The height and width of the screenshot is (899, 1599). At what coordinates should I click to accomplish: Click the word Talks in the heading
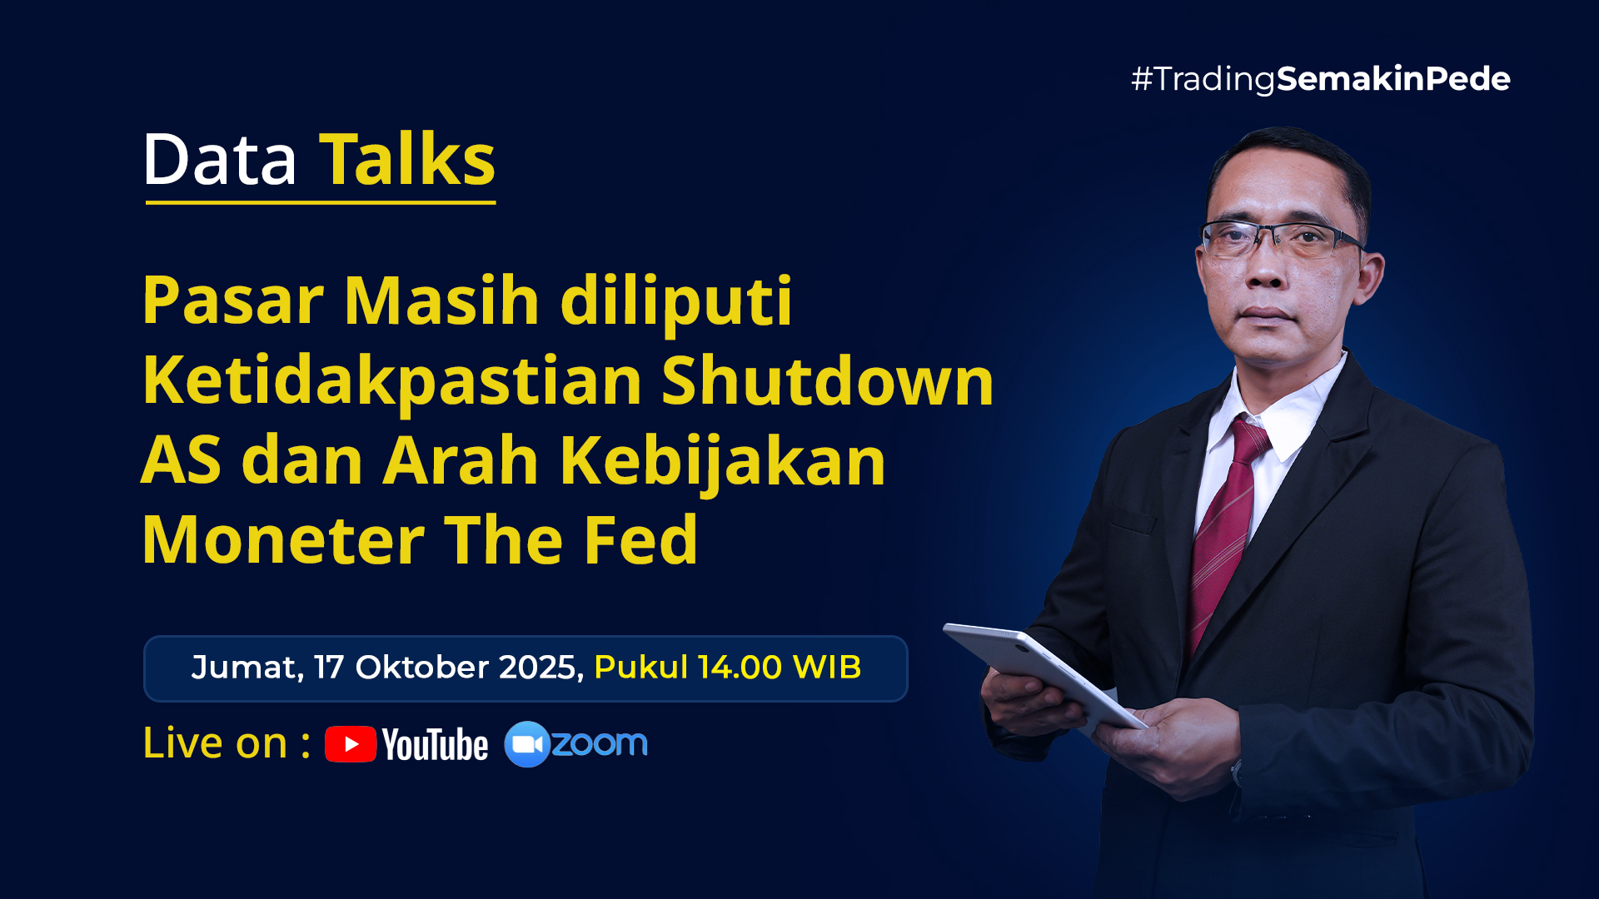pyautogui.click(x=408, y=159)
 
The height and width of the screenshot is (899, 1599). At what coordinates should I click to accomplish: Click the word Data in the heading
pyautogui.click(x=220, y=159)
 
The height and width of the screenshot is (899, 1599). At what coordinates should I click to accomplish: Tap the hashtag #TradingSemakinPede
pyautogui.click(x=1321, y=79)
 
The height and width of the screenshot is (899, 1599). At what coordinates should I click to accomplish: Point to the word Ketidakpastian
pyautogui.click(x=392, y=381)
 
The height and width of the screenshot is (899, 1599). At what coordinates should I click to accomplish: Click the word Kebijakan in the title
pyautogui.click(x=723, y=460)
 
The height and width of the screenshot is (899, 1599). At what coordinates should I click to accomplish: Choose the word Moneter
pyautogui.click(x=284, y=540)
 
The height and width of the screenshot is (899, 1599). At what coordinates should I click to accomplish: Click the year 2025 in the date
pyautogui.click(x=541, y=668)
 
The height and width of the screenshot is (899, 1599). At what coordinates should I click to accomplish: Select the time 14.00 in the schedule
pyautogui.click(x=740, y=668)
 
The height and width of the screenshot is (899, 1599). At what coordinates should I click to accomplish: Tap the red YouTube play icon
pyautogui.click(x=351, y=744)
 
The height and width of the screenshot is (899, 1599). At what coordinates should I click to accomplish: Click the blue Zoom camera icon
pyautogui.click(x=527, y=744)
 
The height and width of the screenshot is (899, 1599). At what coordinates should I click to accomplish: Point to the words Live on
pyautogui.click(x=215, y=743)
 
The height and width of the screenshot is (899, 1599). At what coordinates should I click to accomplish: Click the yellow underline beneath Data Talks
pyautogui.click(x=321, y=201)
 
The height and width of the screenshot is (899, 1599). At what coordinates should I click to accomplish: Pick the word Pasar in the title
pyautogui.click(x=233, y=300)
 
